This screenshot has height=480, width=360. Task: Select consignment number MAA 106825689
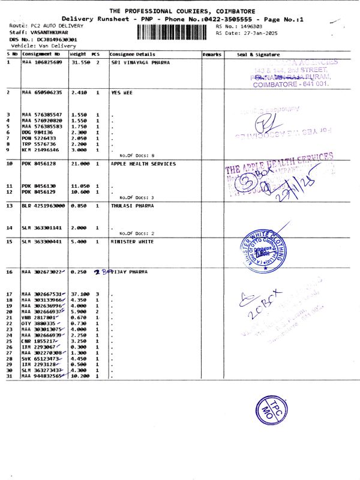[43, 62]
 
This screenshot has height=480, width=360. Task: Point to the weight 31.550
[80, 62]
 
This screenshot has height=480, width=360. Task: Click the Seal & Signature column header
[258, 55]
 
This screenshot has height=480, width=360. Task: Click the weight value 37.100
[80, 294]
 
